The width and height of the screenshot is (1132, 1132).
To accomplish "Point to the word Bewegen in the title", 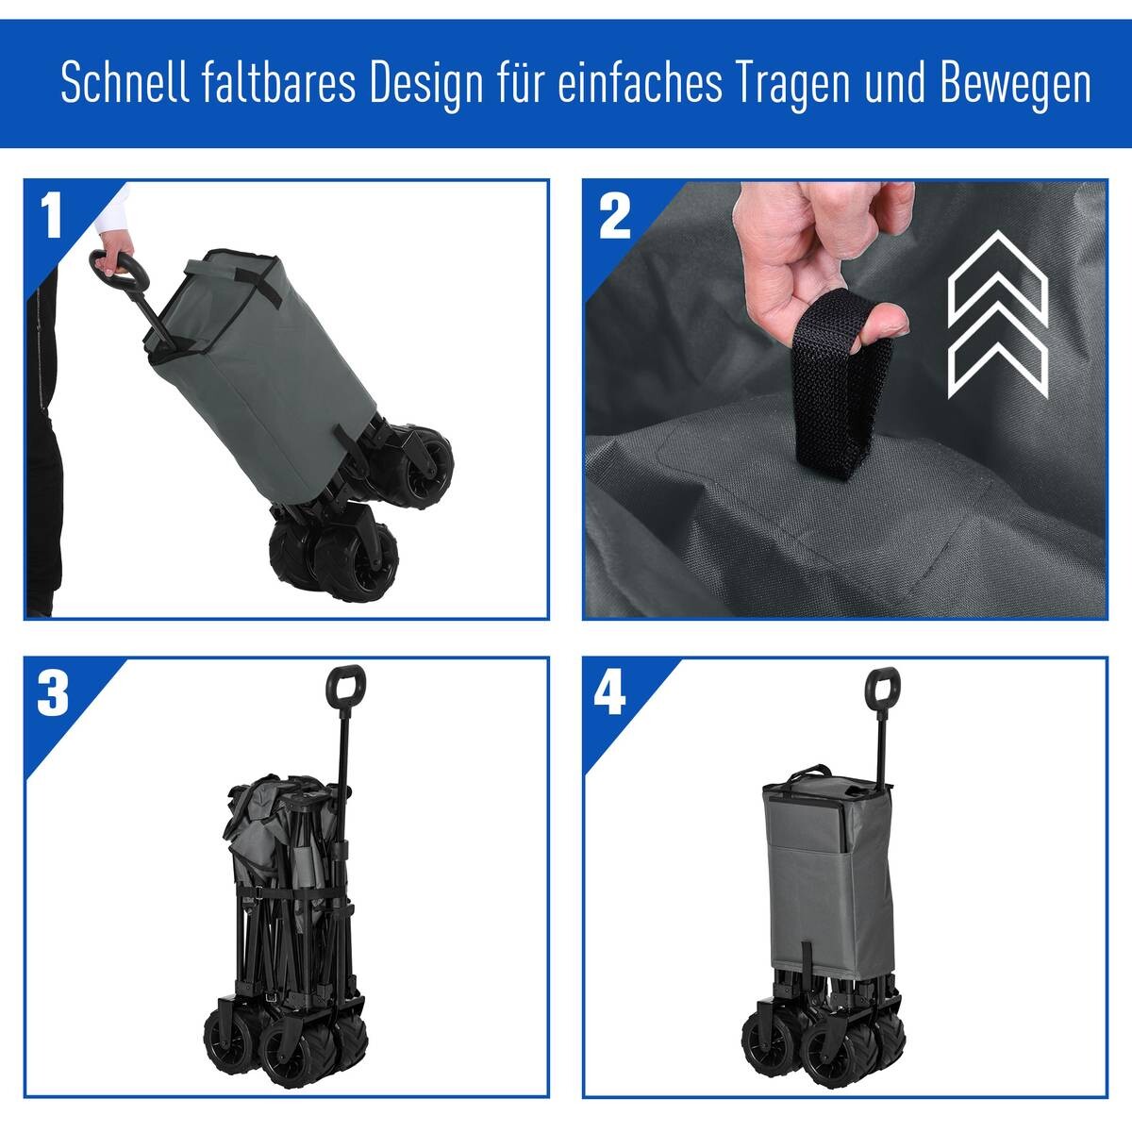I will [1016, 84].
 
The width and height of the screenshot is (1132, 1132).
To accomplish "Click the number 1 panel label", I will [52, 217].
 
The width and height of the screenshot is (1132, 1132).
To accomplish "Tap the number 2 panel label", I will [614, 217].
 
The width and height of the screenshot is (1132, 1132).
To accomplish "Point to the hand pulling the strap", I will [830, 255].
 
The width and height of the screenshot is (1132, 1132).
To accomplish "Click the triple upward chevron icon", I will [998, 316].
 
